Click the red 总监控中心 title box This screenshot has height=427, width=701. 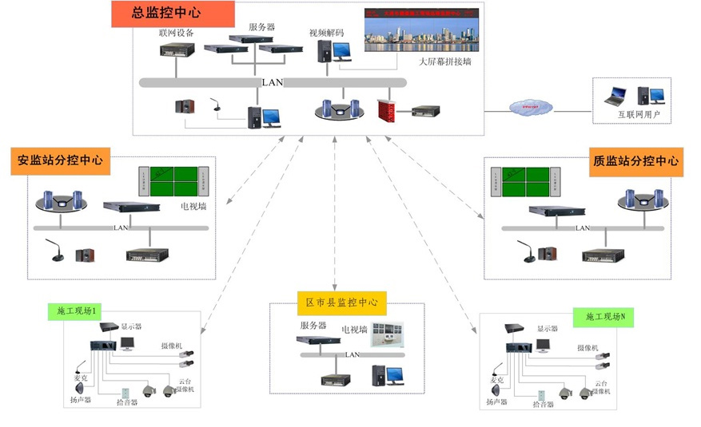point(173,14)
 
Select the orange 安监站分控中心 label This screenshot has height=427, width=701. point(61,160)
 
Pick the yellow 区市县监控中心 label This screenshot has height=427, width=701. point(341,302)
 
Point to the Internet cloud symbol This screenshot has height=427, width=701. point(526,105)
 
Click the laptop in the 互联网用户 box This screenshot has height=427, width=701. point(616,97)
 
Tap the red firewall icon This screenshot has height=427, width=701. point(388,110)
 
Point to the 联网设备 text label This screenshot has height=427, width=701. point(177,33)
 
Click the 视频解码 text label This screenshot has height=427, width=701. point(326,33)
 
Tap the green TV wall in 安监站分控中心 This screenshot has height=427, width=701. point(174,182)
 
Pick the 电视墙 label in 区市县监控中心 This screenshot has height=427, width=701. point(355,329)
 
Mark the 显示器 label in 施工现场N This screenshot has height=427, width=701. point(548,330)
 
